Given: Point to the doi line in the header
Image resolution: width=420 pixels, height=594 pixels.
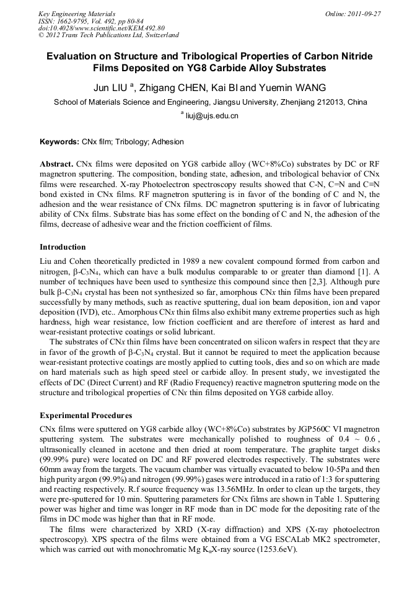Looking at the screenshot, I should [x=101, y=28].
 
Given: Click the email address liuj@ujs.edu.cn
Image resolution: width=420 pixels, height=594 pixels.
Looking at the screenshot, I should [x=212, y=115].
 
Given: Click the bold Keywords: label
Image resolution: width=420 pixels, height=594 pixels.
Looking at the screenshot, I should [x=59, y=142].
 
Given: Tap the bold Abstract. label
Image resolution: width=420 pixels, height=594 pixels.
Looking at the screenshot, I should [x=56, y=164].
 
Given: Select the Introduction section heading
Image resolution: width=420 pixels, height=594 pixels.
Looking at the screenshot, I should [x=63, y=247].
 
